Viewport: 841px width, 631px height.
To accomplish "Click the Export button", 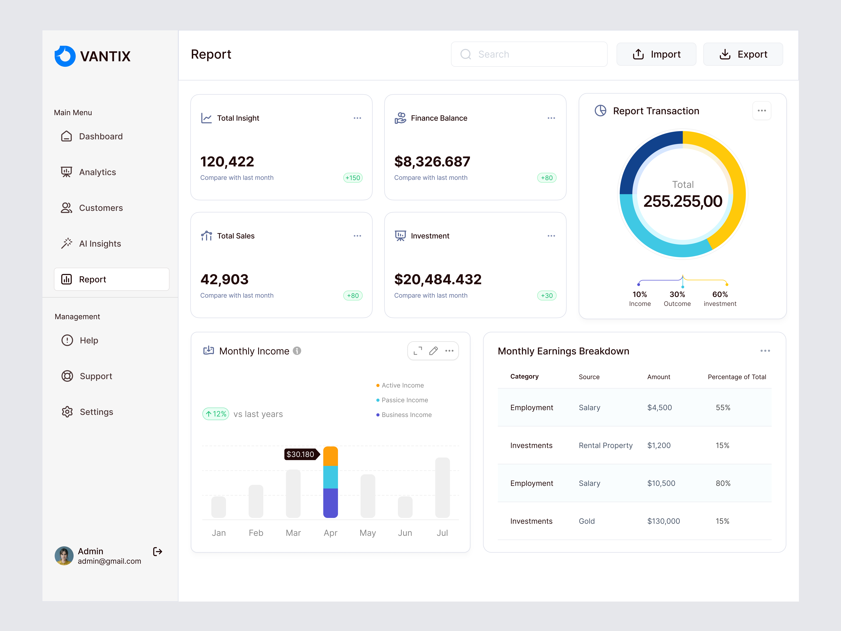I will [x=743, y=54].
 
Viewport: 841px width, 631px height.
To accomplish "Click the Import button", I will [x=656, y=54].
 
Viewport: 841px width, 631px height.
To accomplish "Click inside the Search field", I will [x=532, y=54].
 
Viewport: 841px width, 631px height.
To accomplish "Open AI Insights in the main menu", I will [x=100, y=244].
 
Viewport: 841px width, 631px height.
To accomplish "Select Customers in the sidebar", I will [x=101, y=208].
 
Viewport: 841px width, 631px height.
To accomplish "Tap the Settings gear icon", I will [x=67, y=412].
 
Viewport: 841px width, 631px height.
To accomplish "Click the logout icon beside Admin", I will [x=157, y=551].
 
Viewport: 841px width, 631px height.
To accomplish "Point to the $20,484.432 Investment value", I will [x=438, y=280].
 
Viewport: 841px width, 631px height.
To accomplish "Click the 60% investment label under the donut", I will [x=720, y=298].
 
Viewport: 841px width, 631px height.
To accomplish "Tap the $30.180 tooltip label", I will [x=300, y=454].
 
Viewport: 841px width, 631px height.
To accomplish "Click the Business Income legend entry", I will [x=406, y=415].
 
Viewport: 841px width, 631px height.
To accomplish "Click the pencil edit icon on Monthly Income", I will [x=433, y=351].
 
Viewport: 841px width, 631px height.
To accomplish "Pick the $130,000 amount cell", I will [x=664, y=521].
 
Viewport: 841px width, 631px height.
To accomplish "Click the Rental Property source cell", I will [x=605, y=445].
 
